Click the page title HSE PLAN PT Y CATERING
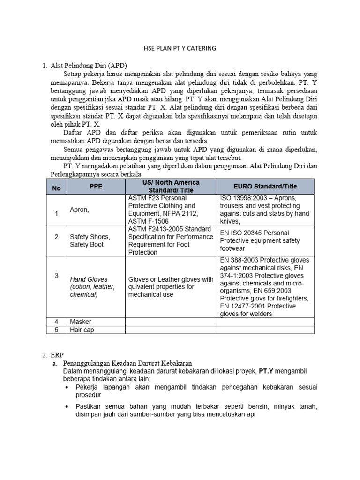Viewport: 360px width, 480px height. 180,48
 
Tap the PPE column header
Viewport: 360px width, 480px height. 95,186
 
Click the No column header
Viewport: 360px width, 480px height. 56,186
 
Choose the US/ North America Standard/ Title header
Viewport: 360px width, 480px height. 171,186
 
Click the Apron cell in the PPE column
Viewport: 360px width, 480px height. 79,210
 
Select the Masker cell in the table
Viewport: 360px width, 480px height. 81,322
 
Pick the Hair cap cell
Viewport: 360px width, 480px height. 82,330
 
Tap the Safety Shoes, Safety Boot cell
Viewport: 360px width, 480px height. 90,240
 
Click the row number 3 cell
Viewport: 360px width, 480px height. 56,276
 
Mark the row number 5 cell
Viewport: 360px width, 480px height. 56,330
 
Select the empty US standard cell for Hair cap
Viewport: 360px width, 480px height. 171,330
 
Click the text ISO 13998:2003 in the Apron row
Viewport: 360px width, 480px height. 243,198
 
